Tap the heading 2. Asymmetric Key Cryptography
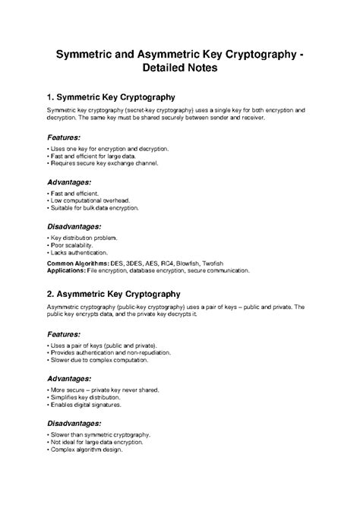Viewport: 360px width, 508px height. [113, 293]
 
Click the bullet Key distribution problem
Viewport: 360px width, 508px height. [80, 237]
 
